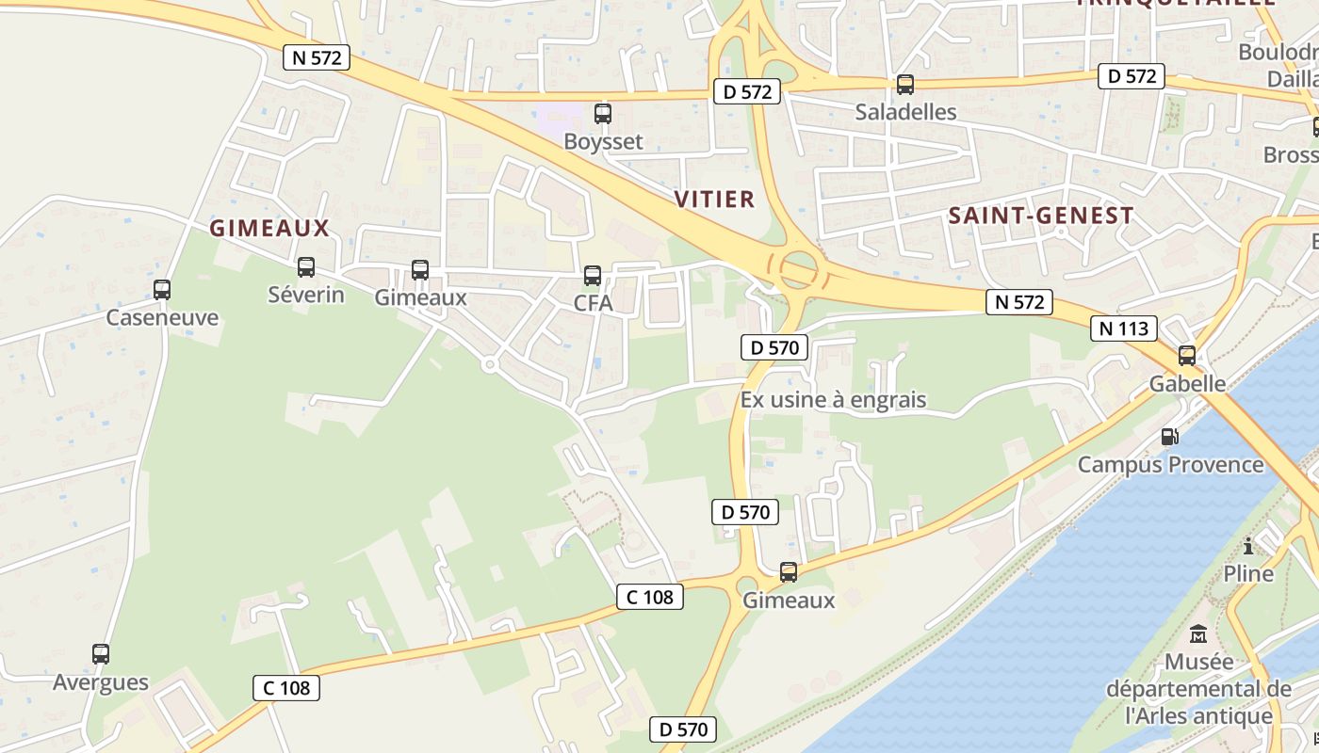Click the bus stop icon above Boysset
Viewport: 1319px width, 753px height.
point(603,114)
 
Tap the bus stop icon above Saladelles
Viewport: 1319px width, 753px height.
point(905,84)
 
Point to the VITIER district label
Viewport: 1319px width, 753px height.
point(715,199)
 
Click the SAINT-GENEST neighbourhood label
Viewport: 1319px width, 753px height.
point(1040,216)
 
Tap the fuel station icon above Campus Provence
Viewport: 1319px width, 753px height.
point(1169,437)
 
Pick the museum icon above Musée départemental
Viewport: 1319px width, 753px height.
point(1198,633)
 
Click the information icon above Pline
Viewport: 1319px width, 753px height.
point(1248,546)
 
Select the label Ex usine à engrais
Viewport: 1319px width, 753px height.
point(833,400)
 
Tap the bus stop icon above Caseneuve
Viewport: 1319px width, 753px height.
point(162,289)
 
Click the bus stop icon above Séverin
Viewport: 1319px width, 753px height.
point(306,267)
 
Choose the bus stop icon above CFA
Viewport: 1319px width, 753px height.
point(593,275)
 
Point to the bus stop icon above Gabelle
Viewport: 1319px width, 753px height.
point(1187,356)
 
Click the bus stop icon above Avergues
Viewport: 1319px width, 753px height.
point(101,653)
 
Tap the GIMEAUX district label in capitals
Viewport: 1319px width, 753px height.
point(269,228)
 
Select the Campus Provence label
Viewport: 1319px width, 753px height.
point(1170,464)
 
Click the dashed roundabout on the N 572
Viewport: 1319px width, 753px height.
point(798,271)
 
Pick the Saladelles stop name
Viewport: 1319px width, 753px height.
point(905,112)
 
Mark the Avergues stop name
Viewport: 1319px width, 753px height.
point(101,682)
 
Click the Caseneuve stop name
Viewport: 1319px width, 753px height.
point(162,317)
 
